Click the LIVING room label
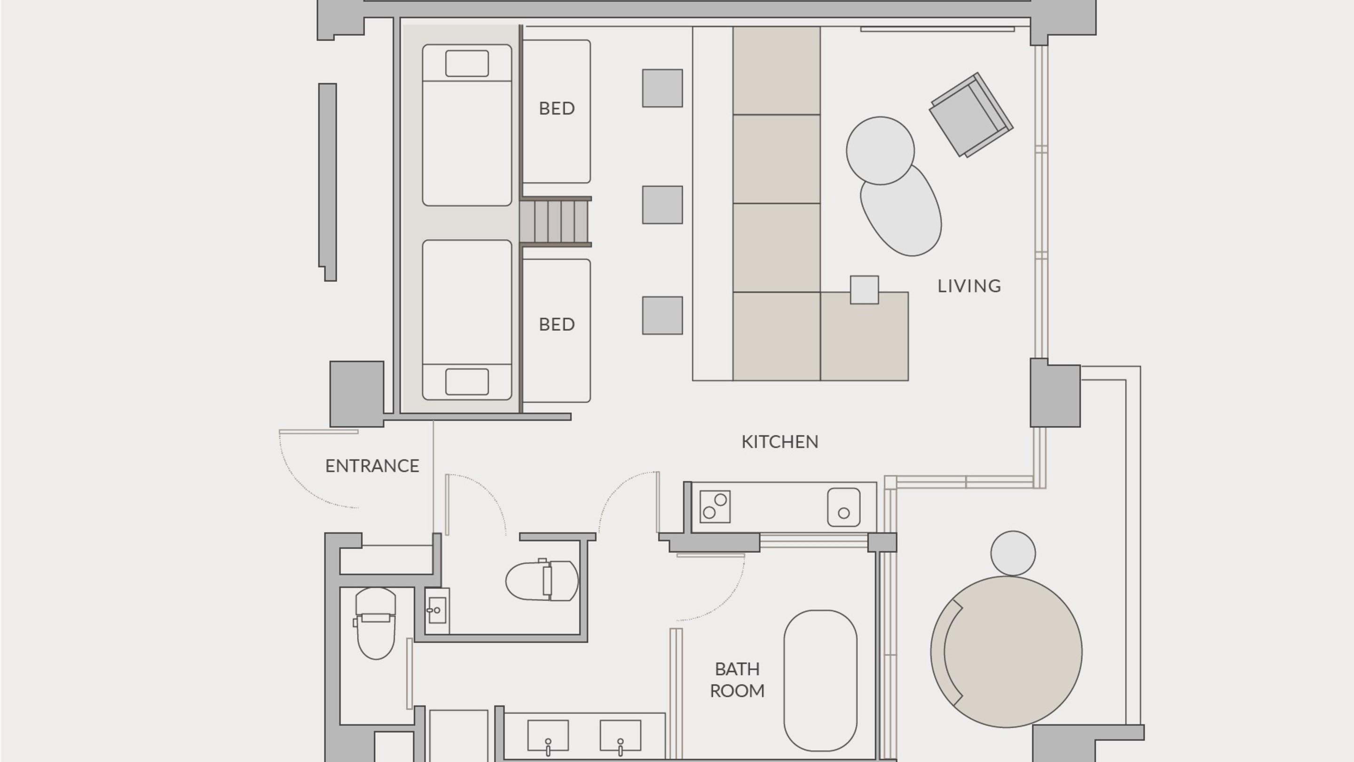pos(969,286)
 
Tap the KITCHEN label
pos(780,442)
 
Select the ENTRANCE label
pos(372,466)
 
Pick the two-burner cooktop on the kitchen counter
pos(715,507)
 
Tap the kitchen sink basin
pos(843,508)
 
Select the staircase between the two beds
pos(556,222)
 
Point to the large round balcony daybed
pos(1006,652)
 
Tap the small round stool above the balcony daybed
pos(1013,553)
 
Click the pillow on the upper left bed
pos(467,63)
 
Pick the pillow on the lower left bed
pos(467,382)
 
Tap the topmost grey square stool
pos(662,88)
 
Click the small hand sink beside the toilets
pos(437,611)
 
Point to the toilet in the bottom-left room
pos(375,623)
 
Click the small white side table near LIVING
pos(865,290)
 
